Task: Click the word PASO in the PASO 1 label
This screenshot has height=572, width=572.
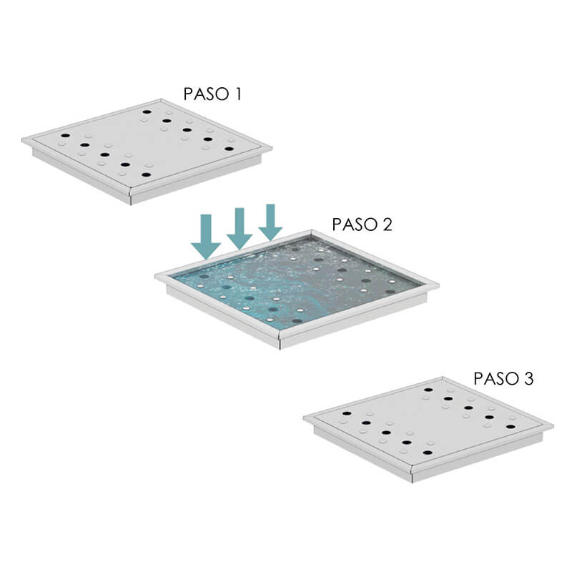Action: pos(206,94)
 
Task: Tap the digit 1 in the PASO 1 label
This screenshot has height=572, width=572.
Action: pos(238,94)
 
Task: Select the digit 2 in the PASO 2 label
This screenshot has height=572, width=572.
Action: pos(386,225)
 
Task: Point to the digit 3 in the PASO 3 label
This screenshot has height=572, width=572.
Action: pos(528,379)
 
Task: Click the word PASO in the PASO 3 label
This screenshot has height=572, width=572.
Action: pos(496,379)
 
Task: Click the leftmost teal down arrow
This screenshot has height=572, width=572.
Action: pos(206,237)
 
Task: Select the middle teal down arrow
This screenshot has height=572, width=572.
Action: pos(240,229)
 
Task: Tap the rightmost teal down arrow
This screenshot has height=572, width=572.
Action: pos(270,222)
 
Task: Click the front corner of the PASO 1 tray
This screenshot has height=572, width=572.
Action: pos(130,189)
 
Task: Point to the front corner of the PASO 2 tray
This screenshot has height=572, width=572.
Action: pos(279,332)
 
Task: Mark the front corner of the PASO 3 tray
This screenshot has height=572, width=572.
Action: pos(412,466)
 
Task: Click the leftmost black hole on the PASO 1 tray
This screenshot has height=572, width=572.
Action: pos(65,135)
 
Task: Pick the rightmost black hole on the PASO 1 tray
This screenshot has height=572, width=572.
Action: pos(229,149)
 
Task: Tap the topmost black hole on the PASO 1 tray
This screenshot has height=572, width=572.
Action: pos(147,112)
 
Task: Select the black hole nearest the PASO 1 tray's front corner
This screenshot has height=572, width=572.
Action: pos(147,174)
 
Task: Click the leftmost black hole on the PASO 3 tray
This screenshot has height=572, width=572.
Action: pos(347,414)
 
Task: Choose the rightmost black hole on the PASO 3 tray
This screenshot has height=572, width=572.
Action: pos(511,427)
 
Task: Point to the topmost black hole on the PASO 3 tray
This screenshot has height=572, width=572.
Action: pos(428,390)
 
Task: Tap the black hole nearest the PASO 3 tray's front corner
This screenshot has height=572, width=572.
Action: pos(428,453)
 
